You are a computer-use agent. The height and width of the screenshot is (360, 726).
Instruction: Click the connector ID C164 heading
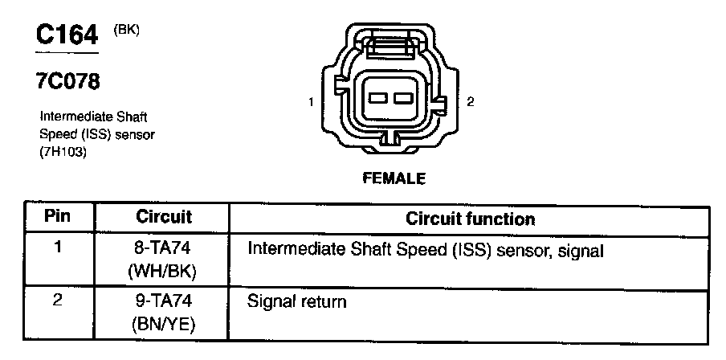pyautogui.click(x=67, y=35)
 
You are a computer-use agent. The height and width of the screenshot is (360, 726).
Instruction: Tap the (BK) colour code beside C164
pyautogui.click(x=127, y=30)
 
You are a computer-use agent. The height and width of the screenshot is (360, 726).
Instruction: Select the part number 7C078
pyautogui.click(x=67, y=82)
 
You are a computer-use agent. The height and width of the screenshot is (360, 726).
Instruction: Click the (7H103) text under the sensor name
pyautogui.click(x=63, y=150)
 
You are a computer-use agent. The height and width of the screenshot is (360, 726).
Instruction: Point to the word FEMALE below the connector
pyautogui.click(x=394, y=178)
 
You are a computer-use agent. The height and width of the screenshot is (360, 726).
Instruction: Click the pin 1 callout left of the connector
pyautogui.click(x=310, y=102)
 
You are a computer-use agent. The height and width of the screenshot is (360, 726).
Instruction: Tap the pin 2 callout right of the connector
pyautogui.click(x=471, y=102)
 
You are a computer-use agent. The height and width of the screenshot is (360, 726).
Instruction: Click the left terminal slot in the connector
pyautogui.click(x=377, y=99)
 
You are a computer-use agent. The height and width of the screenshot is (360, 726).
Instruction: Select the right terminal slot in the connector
pyautogui.click(x=402, y=99)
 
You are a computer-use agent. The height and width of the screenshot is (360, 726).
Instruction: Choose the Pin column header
pyautogui.click(x=57, y=217)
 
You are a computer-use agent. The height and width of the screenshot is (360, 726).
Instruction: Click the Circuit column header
pyautogui.click(x=164, y=217)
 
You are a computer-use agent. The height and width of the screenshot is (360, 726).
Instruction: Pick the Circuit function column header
pyautogui.click(x=470, y=219)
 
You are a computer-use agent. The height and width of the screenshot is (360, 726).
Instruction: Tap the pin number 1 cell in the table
pyautogui.click(x=57, y=248)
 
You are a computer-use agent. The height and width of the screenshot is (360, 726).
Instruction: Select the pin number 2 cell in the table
pyautogui.click(x=57, y=301)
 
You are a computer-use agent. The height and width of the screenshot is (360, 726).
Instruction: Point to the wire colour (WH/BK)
pyautogui.click(x=163, y=272)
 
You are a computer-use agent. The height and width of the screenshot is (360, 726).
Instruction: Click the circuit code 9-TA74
pyautogui.click(x=163, y=303)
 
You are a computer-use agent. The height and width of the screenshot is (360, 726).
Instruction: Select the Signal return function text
pyautogui.click(x=297, y=303)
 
